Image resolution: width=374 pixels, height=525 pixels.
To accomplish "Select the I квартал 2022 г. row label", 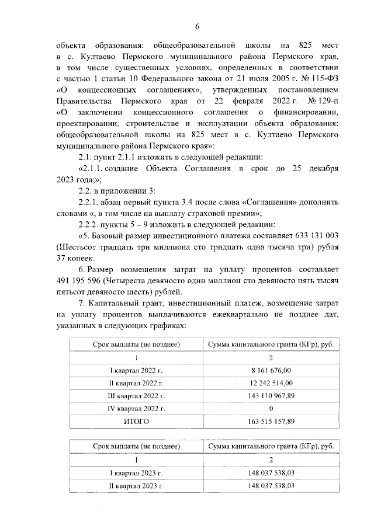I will (x=136, y=370).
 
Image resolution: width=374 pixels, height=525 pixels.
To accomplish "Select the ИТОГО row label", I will (x=136, y=421).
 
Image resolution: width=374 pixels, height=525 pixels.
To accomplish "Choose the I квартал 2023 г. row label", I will (x=136, y=473).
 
